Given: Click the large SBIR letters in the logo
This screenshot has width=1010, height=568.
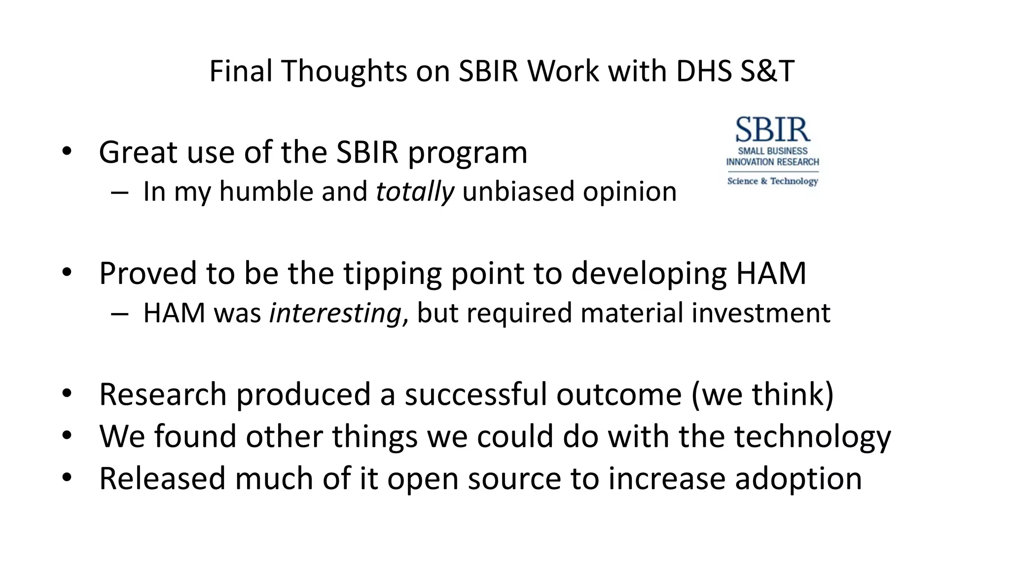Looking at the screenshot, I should coord(772,130).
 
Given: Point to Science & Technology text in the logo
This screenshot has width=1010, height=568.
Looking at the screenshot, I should coord(772,181).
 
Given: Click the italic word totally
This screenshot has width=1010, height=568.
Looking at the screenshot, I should coord(415,191).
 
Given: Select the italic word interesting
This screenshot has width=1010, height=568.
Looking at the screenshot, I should coord(335,313).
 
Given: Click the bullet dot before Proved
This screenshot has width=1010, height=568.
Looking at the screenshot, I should coord(67,272).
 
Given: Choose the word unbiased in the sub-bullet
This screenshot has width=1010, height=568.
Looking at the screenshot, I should coord(518,191).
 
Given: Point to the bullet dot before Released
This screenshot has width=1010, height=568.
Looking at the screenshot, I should coord(67,477).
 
